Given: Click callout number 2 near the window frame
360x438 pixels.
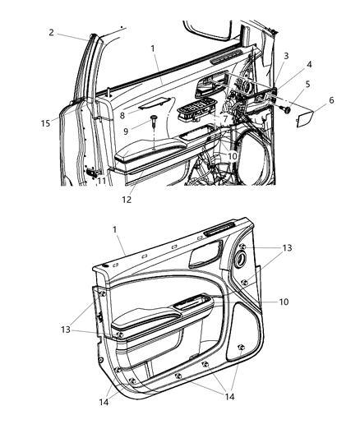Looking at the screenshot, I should tap(50, 33).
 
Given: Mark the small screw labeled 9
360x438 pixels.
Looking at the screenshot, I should tap(154, 122).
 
